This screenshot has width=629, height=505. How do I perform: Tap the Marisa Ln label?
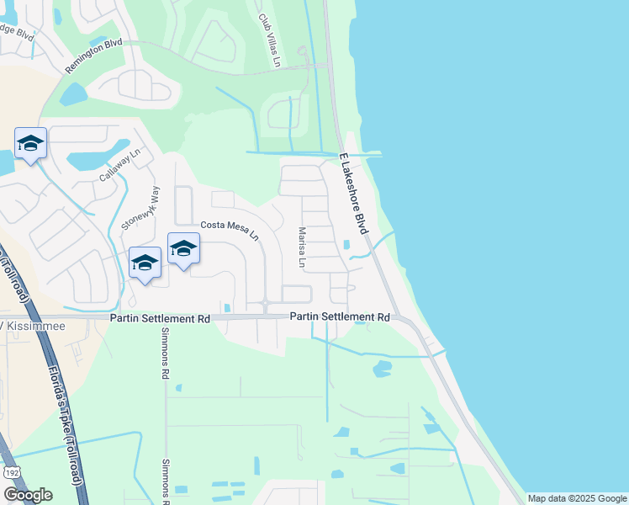[x=300, y=247]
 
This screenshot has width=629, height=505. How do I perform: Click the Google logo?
[x=28, y=495]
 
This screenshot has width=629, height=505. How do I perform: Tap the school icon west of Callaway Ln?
[x=30, y=144]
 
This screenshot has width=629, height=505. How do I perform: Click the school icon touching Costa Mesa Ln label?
[x=183, y=249]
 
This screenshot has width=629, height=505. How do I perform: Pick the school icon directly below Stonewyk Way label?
[x=145, y=263]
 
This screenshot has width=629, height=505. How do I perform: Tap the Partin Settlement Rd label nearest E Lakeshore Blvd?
[x=340, y=317]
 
